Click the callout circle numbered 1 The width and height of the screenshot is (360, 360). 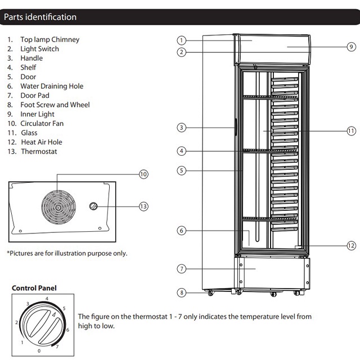pos(181,40)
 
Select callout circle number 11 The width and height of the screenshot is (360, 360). pos(351,130)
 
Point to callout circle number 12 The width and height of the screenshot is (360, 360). pos(351,245)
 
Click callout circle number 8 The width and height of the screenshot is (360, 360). pos(181,292)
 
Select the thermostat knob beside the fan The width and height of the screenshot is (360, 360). pos(94,207)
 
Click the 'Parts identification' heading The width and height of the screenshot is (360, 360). pos(40,17)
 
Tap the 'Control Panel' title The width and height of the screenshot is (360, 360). pos(34,288)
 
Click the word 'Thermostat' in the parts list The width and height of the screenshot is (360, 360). pos(39,151)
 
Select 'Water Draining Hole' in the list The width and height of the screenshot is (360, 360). pos(52,86)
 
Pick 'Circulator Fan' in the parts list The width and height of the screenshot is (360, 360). pos(42,123)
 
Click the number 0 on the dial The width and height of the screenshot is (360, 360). pos(38,350)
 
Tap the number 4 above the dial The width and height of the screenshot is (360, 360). pos(47,299)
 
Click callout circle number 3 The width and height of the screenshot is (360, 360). pos(181,128)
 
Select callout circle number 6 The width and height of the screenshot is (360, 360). pos(181,231)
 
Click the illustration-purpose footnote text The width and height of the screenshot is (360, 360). pos(67,253)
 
